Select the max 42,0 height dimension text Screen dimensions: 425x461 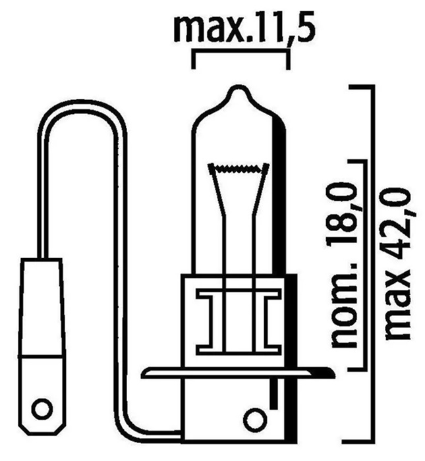(397, 263)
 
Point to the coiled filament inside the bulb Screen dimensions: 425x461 (239, 168)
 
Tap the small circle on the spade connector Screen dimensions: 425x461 (43, 410)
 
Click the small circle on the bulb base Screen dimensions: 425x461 (255, 420)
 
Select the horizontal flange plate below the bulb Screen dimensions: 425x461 (239, 373)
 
